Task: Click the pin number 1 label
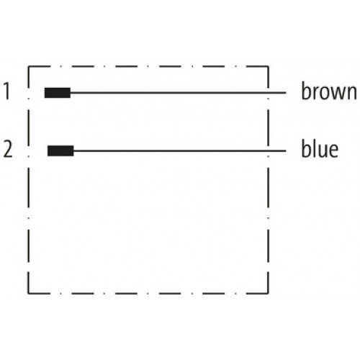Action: pyautogui.click(x=7, y=91)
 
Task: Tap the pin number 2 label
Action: pyautogui.click(x=8, y=149)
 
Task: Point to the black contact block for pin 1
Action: pyautogui.click(x=58, y=93)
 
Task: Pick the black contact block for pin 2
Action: pyautogui.click(x=60, y=150)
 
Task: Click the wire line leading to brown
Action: pyautogui.click(x=178, y=92)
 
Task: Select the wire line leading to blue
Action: pyautogui.click(x=179, y=151)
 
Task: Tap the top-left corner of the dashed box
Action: pyautogui.click(x=28, y=66)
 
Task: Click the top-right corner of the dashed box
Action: pyautogui.click(x=268, y=66)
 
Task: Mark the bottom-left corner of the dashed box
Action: pyautogui.click(x=28, y=293)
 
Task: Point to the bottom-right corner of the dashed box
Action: pyautogui.click(x=268, y=293)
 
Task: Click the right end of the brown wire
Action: pyautogui.click(x=286, y=92)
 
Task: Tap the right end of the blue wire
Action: pyautogui.click(x=286, y=151)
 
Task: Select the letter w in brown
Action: pyautogui.click(x=336, y=94)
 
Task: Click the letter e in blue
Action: pyautogui.click(x=333, y=150)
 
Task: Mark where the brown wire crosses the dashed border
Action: pyautogui.click(x=268, y=92)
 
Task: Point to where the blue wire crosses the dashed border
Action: pyautogui.click(x=268, y=151)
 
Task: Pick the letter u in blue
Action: pyautogui.click(x=321, y=151)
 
